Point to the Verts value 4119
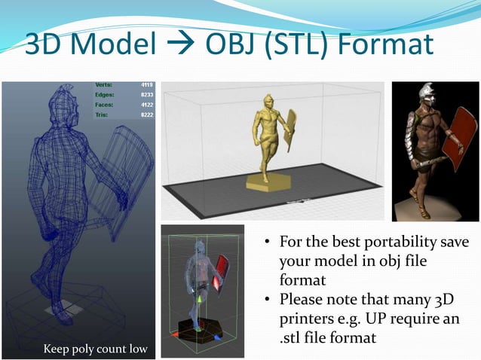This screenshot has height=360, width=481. (146, 86)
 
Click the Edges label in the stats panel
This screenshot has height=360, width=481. (104, 96)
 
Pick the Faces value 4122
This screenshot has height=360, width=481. (146, 105)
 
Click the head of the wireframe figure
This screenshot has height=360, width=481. (63, 102)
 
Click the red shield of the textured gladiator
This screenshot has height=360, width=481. (456, 132)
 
